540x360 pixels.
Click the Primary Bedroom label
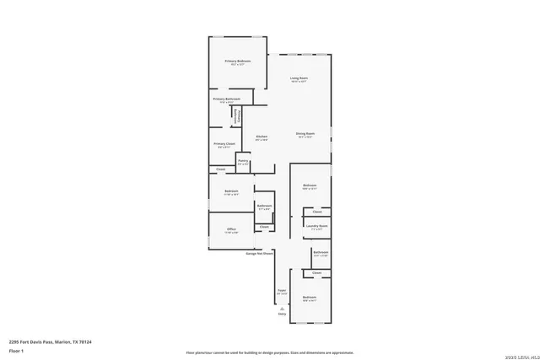tap(238, 62)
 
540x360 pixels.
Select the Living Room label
tap(300, 78)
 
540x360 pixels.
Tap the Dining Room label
tap(305, 134)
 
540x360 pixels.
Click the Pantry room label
tap(242, 160)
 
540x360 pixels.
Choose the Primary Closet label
tap(224, 144)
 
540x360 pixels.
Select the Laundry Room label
tap(316, 225)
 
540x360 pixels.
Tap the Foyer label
tap(282, 290)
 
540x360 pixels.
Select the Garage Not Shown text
tap(259, 253)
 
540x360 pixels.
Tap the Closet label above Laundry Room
tap(317, 212)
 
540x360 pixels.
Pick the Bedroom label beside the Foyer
tap(310, 297)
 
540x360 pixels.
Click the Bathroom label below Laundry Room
tap(321, 252)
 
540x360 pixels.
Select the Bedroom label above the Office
tap(231, 191)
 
